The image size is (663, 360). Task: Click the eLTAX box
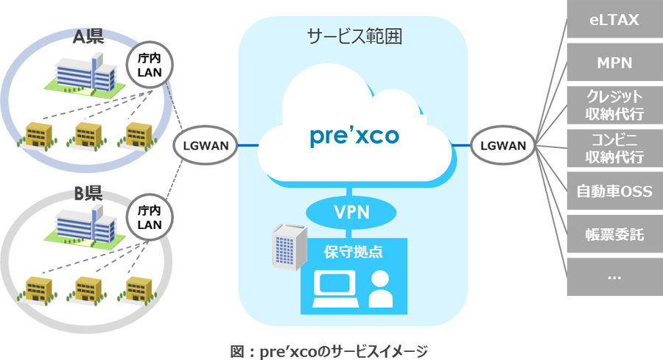(x=614, y=21)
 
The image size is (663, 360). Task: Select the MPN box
(x=614, y=63)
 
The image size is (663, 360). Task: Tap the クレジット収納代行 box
(x=614, y=105)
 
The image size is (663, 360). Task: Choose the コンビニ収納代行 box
(x=614, y=148)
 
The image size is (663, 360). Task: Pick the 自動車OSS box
(x=614, y=191)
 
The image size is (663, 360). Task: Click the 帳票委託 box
(x=614, y=234)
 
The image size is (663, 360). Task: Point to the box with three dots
(x=614, y=277)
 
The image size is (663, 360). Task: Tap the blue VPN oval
(x=352, y=213)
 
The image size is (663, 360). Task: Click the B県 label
(x=88, y=194)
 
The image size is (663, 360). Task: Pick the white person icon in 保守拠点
(x=380, y=289)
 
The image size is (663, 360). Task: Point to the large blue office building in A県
(x=86, y=77)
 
